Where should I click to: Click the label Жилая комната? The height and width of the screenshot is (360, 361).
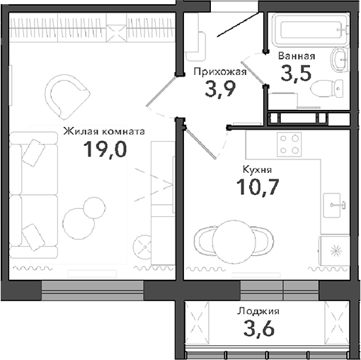pyautogui.click(x=103, y=131)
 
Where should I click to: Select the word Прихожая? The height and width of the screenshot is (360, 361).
pyautogui.click(x=219, y=71)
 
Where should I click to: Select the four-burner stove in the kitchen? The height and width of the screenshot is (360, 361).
pyautogui.click(x=288, y=145)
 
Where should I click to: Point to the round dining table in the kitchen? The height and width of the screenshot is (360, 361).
pyautogui.click(x=234, y=240)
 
